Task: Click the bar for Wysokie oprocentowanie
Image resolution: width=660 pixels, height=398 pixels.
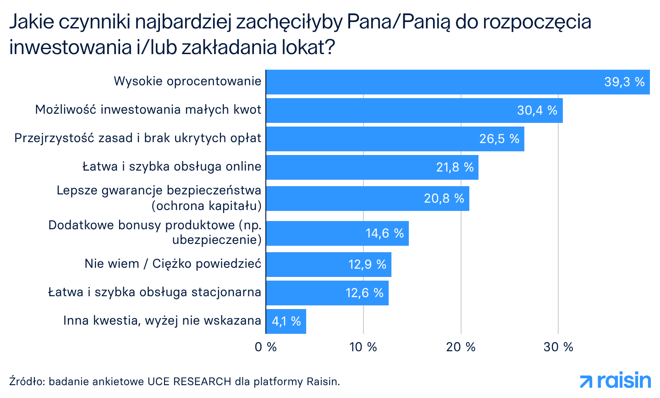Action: (457, 82)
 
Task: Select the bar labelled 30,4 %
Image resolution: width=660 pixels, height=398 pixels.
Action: (414, 111)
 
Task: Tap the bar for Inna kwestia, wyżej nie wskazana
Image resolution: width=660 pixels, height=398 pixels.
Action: (286, 321)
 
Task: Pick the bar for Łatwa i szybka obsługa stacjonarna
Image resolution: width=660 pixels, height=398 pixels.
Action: (327, 293)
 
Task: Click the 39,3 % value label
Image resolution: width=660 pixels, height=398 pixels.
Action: (624, 82)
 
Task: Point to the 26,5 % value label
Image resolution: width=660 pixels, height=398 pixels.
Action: (499, 139)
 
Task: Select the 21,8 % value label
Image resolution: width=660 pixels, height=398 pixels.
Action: (455, 167)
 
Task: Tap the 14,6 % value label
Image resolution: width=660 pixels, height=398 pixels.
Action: (385, 233)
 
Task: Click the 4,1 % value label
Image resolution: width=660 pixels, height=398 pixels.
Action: (286, 321)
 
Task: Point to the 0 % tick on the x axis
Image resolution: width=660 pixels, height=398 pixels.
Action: (266, 347)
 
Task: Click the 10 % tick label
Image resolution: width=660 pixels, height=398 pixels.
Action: (363, 347)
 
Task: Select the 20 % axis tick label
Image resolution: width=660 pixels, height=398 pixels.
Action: (461, 347)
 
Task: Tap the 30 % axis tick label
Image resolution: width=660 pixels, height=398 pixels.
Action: (558, 347)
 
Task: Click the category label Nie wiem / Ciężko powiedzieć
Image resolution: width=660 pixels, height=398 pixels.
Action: (173, 264)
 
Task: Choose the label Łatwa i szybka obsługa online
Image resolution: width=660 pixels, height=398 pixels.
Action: (172, 166)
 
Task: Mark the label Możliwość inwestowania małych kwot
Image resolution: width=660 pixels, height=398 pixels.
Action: (148, 110)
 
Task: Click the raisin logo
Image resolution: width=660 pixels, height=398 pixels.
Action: (615, 381)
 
